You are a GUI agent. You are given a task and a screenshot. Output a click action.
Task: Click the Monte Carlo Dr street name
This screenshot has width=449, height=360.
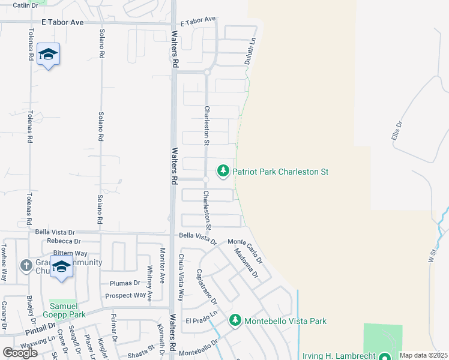[246, 251]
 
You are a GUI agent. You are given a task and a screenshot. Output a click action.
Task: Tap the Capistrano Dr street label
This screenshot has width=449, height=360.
[205, 286]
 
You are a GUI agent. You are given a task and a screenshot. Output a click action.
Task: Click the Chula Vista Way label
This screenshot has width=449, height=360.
[181, 277]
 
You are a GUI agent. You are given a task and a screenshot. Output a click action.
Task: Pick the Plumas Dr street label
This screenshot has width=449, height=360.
[124, 283]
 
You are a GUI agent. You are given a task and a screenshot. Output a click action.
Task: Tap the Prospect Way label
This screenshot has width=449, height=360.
[126, 295]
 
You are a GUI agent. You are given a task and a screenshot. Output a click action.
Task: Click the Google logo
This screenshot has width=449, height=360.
[20, 352]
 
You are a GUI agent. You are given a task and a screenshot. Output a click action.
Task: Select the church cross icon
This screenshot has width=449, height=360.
[26, 265]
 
